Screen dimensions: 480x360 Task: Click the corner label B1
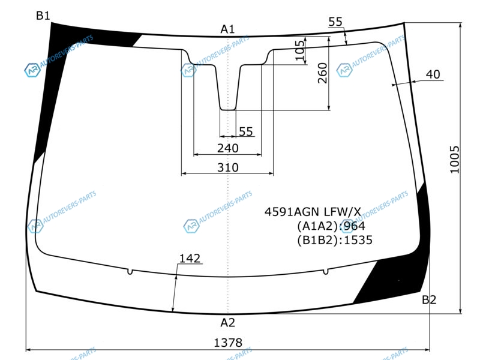(x=43, y=16)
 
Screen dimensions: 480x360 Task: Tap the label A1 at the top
(x=227, y=29)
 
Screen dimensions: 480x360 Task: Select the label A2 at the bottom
(x=228, y=322)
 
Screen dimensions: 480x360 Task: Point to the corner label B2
(x=429, y=299)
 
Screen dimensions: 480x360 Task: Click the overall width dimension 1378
(x=228, y=343)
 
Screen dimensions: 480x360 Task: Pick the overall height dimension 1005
(x=455, y=160)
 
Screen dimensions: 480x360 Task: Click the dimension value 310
(x=228, y=167)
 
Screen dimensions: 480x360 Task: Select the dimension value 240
(x=228, y=148)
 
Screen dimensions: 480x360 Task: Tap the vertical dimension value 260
(x=323, y=73)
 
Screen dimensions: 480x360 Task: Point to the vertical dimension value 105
(x=300, y=50)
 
